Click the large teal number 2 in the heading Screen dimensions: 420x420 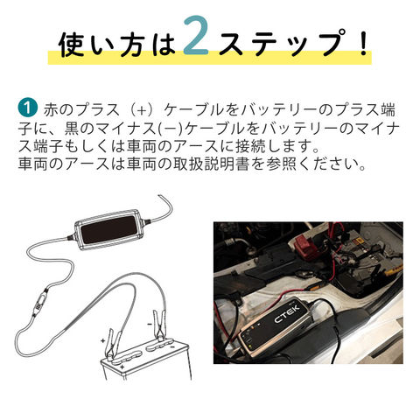coord(196,36)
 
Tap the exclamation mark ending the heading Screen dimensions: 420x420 coord(363,42)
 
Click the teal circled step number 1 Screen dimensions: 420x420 coord(27,108)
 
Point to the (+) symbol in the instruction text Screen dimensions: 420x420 coord(141,110)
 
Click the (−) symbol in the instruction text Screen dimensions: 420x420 coord(171,129)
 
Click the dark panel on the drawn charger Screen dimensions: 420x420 coord(108,230)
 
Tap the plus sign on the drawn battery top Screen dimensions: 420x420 coord(122,367)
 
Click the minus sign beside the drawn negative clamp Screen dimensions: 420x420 coord(150,324)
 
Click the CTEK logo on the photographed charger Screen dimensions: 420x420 coord(287,314)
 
